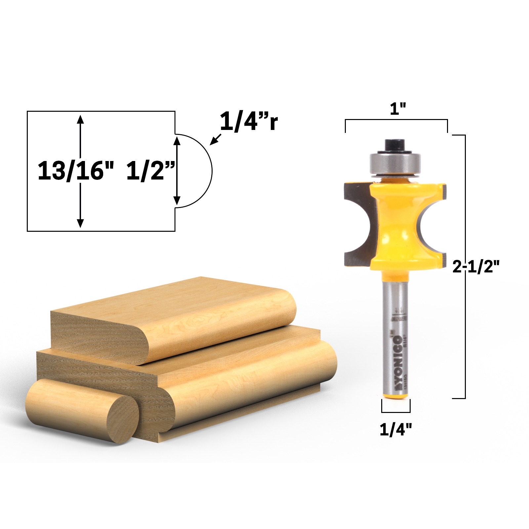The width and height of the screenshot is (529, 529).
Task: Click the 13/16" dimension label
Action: pyautogui.click(x=76, y=171)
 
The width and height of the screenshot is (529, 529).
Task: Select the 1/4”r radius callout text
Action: pyautogui.click(x=249, y=122)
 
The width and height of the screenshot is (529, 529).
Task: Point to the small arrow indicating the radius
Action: pyautogui.click(x=215, y=139)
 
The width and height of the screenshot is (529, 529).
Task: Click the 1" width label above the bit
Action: pyautogui.click(x=398, y=109)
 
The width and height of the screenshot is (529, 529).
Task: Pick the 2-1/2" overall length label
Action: pyautogui.click(x=476, y=266)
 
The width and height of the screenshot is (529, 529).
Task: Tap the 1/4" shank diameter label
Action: pyautogui.click(x=396, y=429)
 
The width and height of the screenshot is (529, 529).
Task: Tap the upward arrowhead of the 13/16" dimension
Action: pyautogui.click(x=80, y=119)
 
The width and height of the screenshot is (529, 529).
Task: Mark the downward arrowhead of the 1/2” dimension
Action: pyautogui.click(x=177, y=200)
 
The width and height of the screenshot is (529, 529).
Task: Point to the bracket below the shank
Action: pyautogui.click(x=396, y=410)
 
